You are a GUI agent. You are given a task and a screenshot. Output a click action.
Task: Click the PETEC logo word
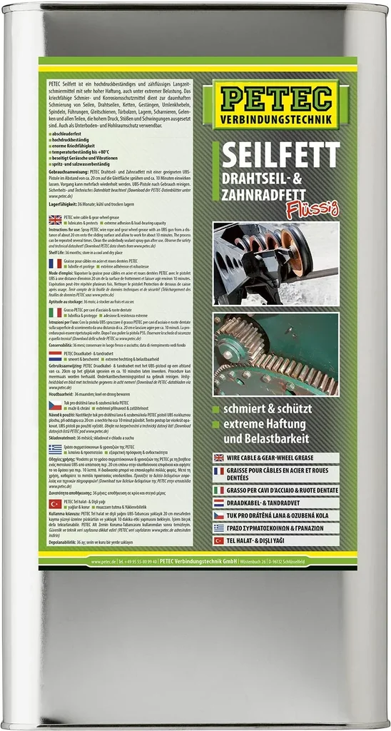(283, 96)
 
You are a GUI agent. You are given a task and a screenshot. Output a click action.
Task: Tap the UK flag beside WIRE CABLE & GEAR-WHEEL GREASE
(218, 458)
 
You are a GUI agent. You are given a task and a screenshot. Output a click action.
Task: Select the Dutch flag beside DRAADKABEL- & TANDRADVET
(218, 503)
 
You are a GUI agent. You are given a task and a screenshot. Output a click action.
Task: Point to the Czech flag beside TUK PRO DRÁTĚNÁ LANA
(218, 515)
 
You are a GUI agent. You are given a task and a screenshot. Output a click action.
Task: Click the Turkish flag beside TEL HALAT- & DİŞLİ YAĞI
(218, 541)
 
